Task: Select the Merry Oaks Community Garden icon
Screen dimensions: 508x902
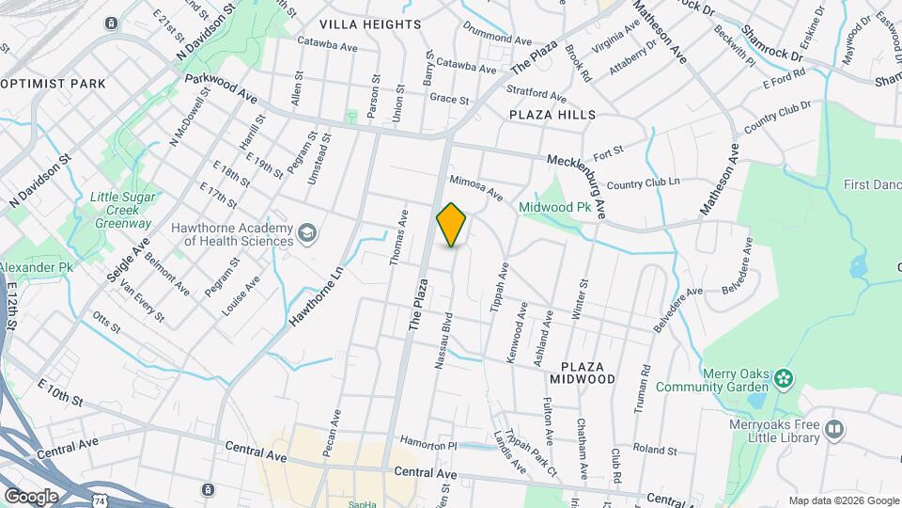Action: tap(784, 379)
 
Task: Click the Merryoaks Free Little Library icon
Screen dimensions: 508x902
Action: tap(832, 430)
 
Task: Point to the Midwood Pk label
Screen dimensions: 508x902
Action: tap(554, 206)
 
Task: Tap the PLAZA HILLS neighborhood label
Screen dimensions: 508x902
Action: tap(552, 115)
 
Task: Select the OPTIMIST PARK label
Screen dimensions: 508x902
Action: tap(54, 84)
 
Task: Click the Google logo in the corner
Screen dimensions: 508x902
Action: tap(31, 496)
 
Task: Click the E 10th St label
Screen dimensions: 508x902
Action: tap(61, 393)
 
